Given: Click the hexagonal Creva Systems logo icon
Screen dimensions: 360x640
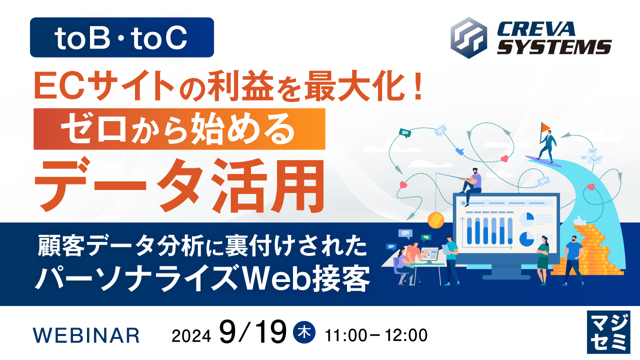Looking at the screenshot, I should click(468, 38).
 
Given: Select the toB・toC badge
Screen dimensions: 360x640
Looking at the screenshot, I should click(122, 37).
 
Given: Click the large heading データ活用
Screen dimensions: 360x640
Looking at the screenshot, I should click(179, 184).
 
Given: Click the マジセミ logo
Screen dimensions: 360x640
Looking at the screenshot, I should click(608, 332).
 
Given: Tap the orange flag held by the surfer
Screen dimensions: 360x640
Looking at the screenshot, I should click(545, 126).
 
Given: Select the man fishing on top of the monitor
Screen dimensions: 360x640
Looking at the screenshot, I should click(470, 185).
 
